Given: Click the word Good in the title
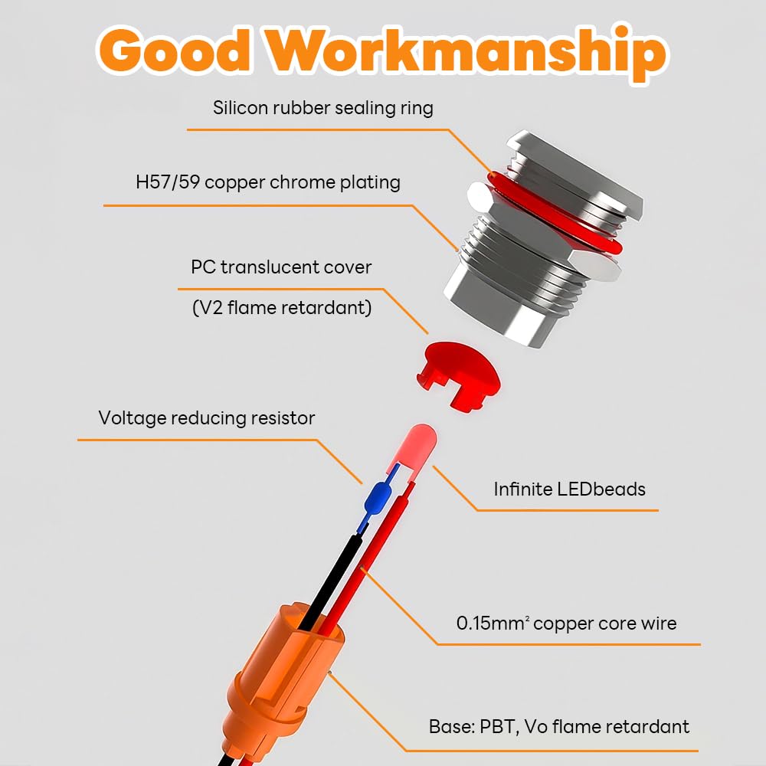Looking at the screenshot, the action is pyautogui.click(x=175, y=51).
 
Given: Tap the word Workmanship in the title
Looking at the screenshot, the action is pyautogui.click(x=466, y=54).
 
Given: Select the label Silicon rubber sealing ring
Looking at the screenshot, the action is pyautogui.click(x=323, y=108).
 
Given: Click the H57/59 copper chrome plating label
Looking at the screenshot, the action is pyautogui.click(x=267, y=182).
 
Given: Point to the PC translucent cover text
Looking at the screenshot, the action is pyautogui.click(x=281, y=267).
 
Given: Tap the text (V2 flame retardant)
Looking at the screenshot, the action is pyautogui.click(x=282, y=308).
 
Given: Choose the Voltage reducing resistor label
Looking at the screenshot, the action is pyautogui.click(x=207, y=418).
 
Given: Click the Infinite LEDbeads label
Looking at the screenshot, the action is pyautogui.click(x=570, y=489).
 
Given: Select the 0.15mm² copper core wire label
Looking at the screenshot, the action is pyautogui.click(x=566, y=623).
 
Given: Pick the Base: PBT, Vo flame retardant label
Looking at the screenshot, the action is pyautogui.click(x=559, y=726).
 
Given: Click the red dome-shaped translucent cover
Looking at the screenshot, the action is pyautogui.click(x=458, y=375).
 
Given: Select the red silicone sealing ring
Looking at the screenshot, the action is pyautogui.click(x=557, y=215).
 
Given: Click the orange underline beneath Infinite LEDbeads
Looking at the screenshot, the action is pyautogui.click(x=568, y=510).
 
